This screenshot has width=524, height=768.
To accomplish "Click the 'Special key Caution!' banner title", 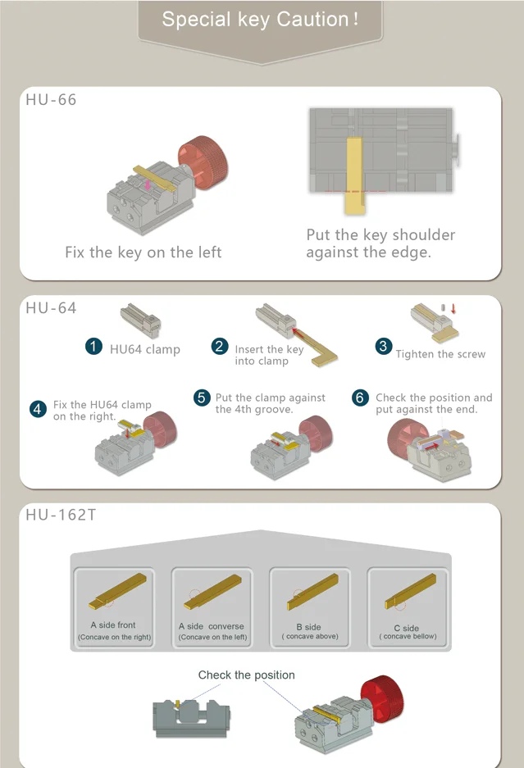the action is [x=260, y=20].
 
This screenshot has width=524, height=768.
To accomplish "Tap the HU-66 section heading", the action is [x=51, y=100].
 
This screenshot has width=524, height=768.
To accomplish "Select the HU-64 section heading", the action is [x=51, y=308].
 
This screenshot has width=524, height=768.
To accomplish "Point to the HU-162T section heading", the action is [x=61, y=515].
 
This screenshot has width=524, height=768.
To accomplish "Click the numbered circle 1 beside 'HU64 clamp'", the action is [x=93, y=347].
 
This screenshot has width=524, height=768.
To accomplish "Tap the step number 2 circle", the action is [x=220, y=347].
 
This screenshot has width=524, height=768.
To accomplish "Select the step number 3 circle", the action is [x=383, y=347].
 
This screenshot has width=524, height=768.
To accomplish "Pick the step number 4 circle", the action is [x=38, y=409].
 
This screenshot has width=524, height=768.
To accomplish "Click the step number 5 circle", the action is [x=202, y=398].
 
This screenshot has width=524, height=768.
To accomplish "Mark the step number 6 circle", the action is [x=360, y=398].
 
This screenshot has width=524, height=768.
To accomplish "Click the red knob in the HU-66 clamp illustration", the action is [x=203, y=162].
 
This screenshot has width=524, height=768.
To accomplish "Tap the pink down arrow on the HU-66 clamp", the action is [x=148, y=185].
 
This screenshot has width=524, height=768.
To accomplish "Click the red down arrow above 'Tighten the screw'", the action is [x=453, y=308].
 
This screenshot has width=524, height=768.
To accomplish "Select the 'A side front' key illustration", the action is [x=118, y=591].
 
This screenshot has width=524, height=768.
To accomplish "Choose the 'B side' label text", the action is [x=309, y=627].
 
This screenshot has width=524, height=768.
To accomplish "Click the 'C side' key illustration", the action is [x=411, y=591].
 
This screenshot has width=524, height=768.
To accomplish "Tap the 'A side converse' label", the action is [x=212, y=626].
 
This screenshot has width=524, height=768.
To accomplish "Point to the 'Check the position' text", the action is [x=247, y=675].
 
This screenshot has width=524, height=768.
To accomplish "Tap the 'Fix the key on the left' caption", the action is [x=144, y=252].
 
